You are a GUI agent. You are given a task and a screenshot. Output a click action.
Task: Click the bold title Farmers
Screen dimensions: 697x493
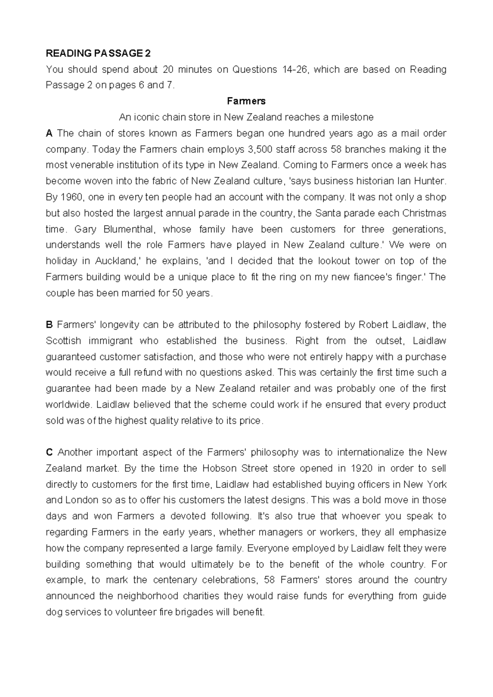tap(246, 101)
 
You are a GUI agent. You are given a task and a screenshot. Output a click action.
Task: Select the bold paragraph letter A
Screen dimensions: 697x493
tap(49, 133)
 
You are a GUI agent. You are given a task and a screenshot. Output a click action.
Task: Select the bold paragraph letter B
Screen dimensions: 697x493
tap(49, 325)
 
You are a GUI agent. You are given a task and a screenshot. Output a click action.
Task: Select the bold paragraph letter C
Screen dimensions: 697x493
tap(49, 452)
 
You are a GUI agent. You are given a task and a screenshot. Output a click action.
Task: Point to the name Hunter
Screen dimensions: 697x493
tap(431, 181)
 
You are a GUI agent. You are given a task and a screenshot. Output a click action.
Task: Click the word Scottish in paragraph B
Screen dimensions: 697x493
tap(63, 341)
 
